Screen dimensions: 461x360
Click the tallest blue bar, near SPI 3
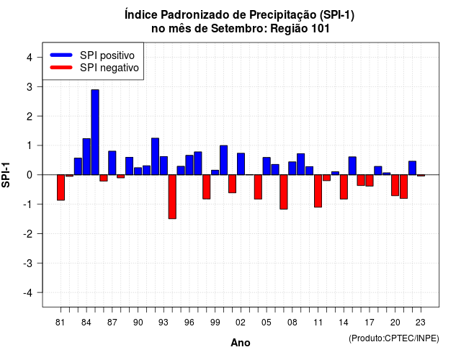click(95, 132)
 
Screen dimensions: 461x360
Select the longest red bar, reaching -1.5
click(172, 197)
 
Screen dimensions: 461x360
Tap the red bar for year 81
click(61, 187)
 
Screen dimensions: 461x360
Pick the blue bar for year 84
click(86, 157)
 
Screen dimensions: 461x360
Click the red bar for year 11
click(318, 191)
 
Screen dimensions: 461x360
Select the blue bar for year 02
click(241, 164)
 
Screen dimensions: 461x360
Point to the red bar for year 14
click(344, 187)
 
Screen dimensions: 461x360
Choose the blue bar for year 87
click(112, 163)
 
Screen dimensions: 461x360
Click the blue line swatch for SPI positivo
click(61, 55)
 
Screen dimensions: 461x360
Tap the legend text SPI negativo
click(109, 68)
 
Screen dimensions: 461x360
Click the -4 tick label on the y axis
click(28, 293)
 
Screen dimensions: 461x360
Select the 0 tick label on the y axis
click(30, 175)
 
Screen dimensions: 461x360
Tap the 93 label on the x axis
click(164, 323)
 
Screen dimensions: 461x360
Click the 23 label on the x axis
click(421, 323)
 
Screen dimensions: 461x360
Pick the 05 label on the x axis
click(267, 323)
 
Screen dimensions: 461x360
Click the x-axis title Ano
click(241, 343)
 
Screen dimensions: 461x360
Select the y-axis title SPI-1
click(6, 175)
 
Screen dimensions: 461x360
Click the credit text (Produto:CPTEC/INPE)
click(394, 338)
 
